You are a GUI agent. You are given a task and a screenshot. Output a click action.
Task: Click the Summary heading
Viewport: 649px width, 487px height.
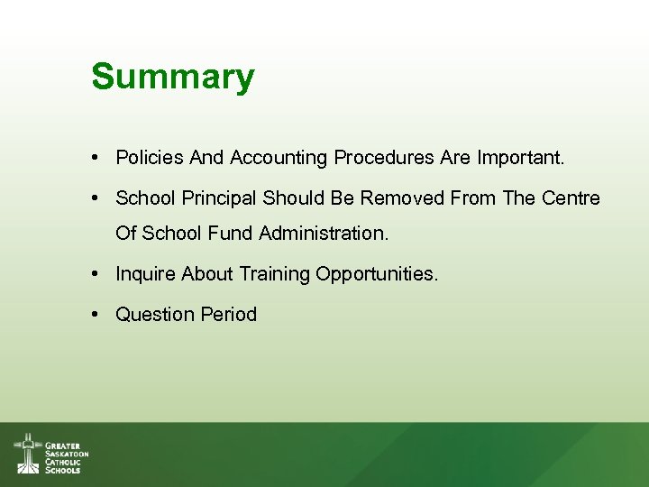tap(172, 77)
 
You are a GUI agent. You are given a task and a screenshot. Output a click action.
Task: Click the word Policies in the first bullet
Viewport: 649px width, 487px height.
tap(150, 158)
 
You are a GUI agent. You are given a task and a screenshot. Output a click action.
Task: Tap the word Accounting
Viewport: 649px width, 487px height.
tap(279, 158)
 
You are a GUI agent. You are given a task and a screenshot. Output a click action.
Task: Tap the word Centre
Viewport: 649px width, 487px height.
tap(571, 198)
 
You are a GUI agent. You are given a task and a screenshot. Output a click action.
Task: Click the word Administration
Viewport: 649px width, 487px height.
tap(324, 234)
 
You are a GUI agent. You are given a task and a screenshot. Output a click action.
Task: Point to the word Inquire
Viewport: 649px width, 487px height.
tap(146, 274)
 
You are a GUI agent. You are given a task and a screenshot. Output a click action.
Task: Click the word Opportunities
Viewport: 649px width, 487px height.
tap(377, 274)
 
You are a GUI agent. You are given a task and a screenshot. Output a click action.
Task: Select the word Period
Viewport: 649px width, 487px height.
tap(228, 315)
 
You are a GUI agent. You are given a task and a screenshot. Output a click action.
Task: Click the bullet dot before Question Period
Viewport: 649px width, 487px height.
tap(95, 315)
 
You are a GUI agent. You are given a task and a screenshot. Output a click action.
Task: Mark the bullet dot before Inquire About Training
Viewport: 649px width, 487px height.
tap(95, 274)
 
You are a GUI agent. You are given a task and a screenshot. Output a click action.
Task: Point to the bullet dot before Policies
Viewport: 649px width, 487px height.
tap(95, 158)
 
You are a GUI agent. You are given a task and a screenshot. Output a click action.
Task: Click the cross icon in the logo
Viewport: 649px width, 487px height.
tap(27, 453)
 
